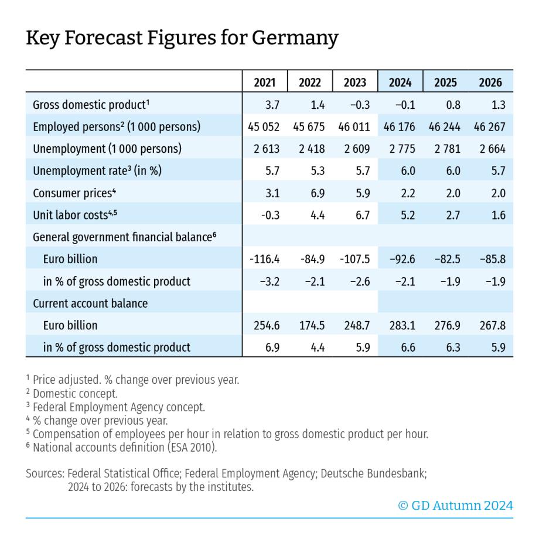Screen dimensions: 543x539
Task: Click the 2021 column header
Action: point(265,83)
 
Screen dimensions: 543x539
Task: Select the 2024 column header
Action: point(400,83)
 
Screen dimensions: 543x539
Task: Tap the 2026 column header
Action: point(490,83)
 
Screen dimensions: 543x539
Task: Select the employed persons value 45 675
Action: point(310,127)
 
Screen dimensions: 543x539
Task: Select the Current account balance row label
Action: point(90,303)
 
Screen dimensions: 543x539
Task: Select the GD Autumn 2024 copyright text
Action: point(455,506)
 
